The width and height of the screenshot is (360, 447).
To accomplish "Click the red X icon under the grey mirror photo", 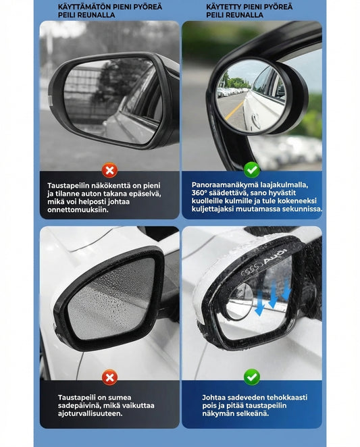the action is tap(109, 170).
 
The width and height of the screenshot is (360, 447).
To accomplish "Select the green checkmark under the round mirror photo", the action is tap(252, 170).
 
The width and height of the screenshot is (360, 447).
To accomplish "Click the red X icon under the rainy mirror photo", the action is tap(109, 377).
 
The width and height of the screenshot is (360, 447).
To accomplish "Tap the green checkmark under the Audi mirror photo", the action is tap(252, 377).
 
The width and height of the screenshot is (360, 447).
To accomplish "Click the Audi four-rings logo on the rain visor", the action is tap(252, 269).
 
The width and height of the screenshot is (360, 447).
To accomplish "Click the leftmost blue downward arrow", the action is tap(260, 304).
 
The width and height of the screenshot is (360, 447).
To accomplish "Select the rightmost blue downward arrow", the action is tap(286, 290).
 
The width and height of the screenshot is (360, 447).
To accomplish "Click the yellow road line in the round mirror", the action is tap(234, 111).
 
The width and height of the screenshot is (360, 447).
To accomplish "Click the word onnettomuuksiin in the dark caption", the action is tap(78, 210).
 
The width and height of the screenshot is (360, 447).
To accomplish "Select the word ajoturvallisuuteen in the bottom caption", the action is tap(90, 414).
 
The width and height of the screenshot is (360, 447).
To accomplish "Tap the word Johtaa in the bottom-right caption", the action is tap(213, 398).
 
